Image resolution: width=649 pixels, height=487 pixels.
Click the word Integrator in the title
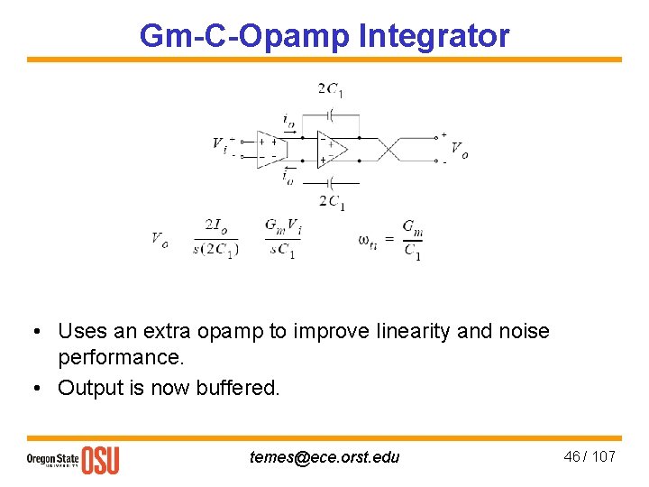434,36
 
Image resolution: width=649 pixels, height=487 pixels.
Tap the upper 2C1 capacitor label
330,89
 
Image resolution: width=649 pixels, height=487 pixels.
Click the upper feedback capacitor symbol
331,115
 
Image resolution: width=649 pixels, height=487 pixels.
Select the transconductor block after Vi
270,149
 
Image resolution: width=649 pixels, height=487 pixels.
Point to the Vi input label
220,144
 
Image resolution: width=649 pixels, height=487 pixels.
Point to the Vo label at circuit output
459,149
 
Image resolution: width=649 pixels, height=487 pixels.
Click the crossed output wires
393,150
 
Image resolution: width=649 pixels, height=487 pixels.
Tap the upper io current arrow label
287,120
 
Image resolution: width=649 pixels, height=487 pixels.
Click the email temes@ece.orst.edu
324,456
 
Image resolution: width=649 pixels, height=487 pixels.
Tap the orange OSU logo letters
100,459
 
